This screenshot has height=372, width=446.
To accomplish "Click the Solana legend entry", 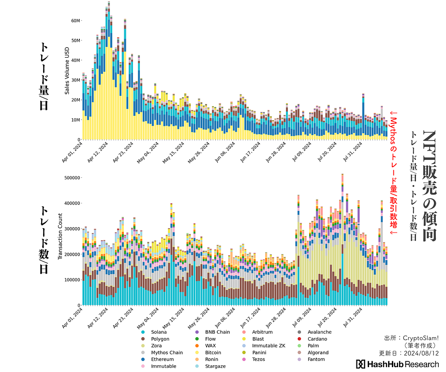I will point(158,332).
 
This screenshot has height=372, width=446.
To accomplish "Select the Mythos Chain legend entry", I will point(166,353).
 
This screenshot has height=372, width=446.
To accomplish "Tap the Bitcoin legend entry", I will point(213,353).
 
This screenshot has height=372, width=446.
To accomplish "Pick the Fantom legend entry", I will point(316,359).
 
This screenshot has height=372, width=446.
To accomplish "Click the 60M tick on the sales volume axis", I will point(75,21).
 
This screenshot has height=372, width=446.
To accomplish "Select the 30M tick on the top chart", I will point(75,80).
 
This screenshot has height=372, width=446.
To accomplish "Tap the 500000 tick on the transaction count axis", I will point(71,178).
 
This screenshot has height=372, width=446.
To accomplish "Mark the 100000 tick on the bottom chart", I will point(71,280).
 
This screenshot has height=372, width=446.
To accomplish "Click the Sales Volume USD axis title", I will point(67,71).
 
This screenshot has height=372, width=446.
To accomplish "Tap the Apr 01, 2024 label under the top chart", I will point(73,151).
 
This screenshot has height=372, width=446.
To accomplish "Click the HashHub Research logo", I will point(397,364).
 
